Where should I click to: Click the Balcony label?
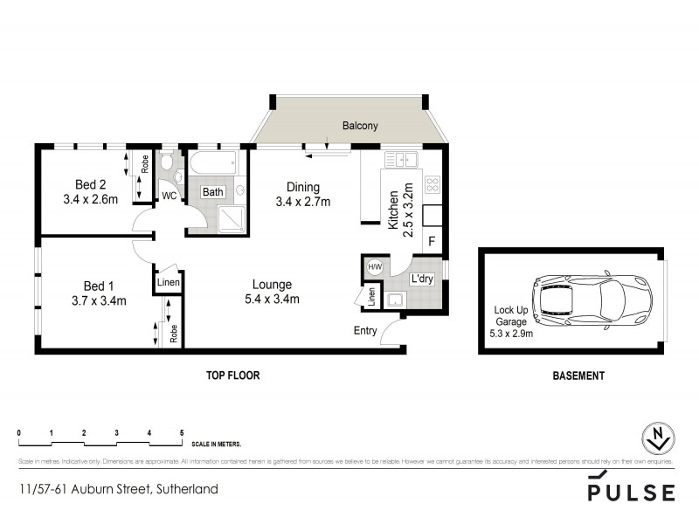[360, 126]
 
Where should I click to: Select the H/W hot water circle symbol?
[375, 267]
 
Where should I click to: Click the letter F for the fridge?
[431, 241]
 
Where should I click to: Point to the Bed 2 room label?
[90, 184]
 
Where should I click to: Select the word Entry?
[365, 330]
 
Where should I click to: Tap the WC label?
[170, 196]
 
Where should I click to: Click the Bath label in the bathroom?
[213, 192]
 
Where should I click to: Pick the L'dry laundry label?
[423, 279]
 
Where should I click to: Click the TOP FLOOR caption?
[232, 376]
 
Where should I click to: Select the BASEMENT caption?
[578, 376]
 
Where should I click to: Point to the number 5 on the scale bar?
[182, 433]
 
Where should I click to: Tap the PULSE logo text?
[630, 491]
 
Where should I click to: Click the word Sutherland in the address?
[186, 489]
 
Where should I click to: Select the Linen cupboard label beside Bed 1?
[169, 283]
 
